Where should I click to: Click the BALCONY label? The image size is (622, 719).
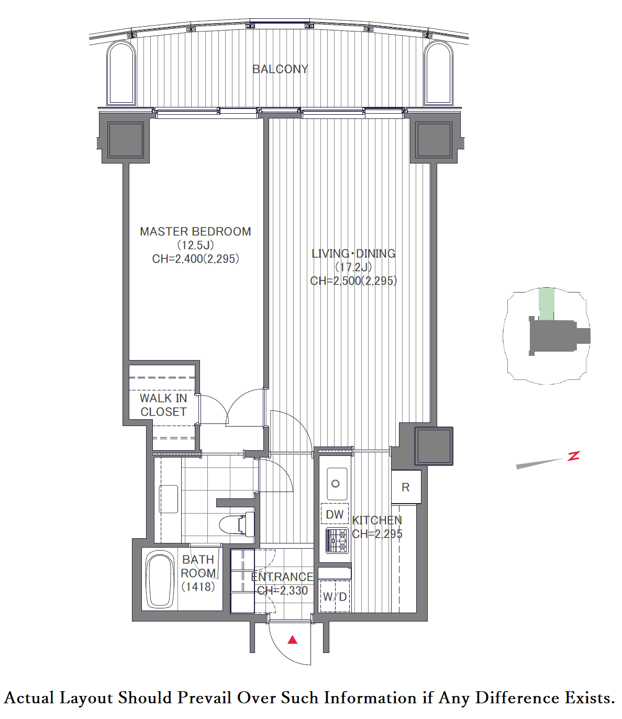tap(280, 69)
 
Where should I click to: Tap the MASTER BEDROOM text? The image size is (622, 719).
tap(195, 232)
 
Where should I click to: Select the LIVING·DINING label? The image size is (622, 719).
tap(353, 254)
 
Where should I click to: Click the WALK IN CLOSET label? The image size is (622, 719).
tap(163, 405)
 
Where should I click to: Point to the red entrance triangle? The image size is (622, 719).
tap(293, 640)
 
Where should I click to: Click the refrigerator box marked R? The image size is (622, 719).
tap(406, 487)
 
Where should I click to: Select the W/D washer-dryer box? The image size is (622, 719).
tap(335, 597)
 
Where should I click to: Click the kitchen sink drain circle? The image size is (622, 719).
tap(335, 484)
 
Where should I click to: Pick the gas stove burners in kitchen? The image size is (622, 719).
tap(337, 540)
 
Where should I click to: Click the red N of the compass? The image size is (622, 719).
tap(574, 456)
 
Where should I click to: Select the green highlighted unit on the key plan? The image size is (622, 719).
tap(547, 303)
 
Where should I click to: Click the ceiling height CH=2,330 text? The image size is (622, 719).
tap(282, 591)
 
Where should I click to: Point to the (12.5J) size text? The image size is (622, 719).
tap(195, 245)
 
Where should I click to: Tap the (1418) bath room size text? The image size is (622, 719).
tap(198, 587)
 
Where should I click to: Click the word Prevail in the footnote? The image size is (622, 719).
tap(204, 698)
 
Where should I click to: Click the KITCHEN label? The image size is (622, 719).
tap(377, 520)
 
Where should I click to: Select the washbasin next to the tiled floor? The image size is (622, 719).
tap(169, 499)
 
